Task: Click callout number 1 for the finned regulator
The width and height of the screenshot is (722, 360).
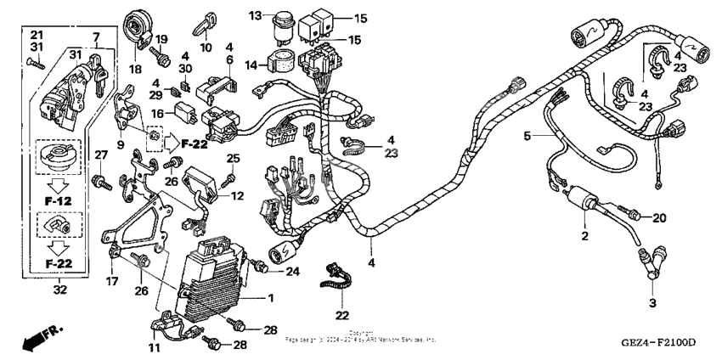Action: pyautogui.click(x=271, y=298)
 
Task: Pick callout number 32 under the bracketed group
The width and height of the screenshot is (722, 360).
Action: pyautogui.click(x=59, y=290)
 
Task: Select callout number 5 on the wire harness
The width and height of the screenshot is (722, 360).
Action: pyautogui.click(x=527, y=135)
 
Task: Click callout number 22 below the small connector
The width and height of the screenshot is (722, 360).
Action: pyautogui.click(x=343, y=315)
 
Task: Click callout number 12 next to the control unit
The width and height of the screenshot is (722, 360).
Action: pyautogui.click(x=237, y=196)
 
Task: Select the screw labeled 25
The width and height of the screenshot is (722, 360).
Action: pyautogui.click(x=227, y=180)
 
